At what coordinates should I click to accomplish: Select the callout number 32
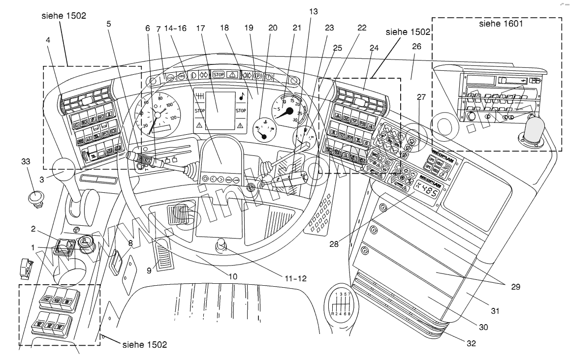(x=471, y=344)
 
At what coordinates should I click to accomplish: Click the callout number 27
(x=421, y=97)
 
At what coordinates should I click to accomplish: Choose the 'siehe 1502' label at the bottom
(x=144, y=345)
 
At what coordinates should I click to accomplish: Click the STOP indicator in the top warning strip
(x=218, y=74)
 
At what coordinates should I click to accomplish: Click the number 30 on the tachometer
(x=295, y=120)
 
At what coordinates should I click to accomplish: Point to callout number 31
(x=495, y=310)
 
